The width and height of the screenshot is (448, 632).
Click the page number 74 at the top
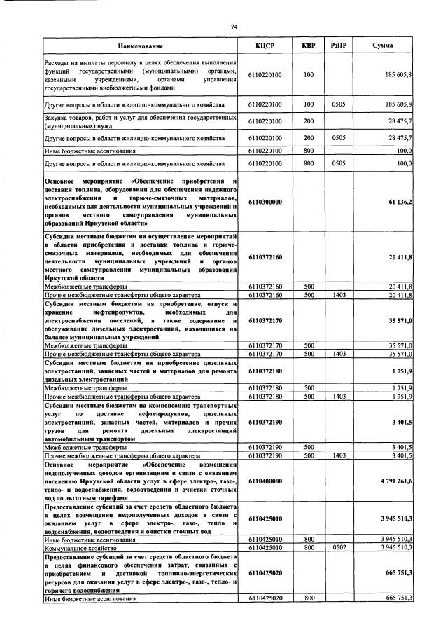point(234,26)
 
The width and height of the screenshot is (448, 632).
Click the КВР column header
point(308,46)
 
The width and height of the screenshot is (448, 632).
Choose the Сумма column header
point(382,46)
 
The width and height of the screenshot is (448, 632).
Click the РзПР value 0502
point(339,547)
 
